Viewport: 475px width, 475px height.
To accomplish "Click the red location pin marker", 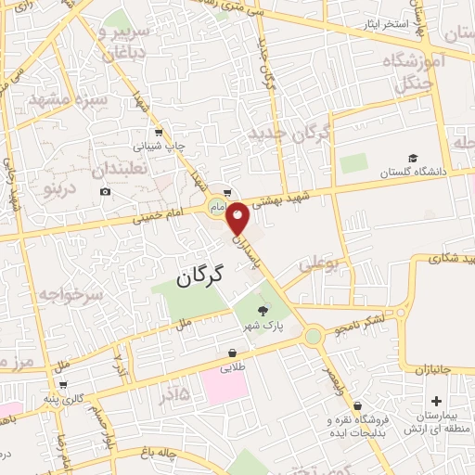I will point(237,217).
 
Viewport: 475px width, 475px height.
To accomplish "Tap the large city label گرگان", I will point(199,275).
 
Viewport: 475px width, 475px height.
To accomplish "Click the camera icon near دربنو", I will point(105,191).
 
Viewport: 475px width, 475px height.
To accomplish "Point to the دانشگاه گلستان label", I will point(412,173).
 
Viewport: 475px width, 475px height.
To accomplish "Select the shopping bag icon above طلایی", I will point(231,353).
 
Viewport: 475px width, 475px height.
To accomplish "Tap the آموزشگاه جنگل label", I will point(419,72).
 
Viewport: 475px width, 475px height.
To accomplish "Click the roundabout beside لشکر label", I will point(314,334).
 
